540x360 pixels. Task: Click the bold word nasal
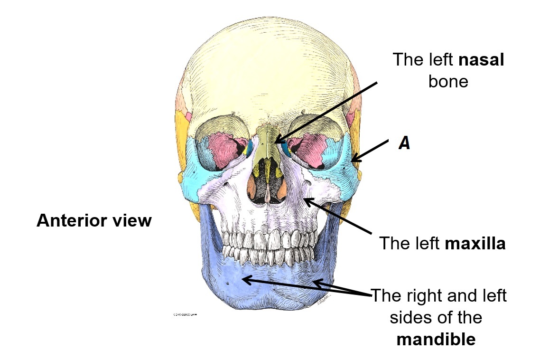[481, 60]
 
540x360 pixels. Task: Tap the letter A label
[404, 143]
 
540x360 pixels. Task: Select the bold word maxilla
[475, 244]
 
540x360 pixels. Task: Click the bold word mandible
[436, 340]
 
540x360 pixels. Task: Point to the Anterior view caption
[94, 221]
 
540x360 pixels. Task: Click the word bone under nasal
[448, 82]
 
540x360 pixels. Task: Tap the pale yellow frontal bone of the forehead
[266, 71]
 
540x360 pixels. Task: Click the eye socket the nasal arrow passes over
[308, 145]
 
